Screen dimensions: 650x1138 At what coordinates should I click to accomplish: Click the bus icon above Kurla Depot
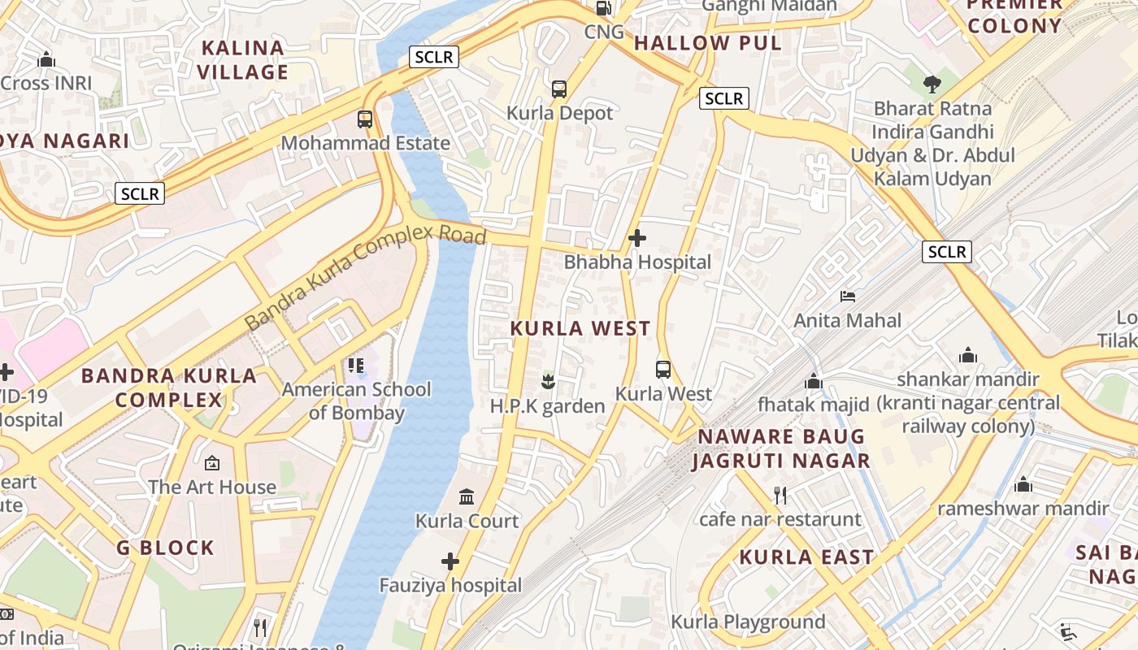[559, 89]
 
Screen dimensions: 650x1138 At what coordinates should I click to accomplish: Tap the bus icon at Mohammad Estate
[365, 119]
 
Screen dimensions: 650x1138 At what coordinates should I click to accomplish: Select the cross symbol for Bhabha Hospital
[637, 238]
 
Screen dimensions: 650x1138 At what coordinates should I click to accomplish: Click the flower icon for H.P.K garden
[549, 380]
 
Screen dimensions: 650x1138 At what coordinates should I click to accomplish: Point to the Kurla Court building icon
[467, 496]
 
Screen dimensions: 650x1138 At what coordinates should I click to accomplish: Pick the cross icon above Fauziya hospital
[450, 561]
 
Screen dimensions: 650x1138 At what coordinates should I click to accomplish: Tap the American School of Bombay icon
[356, 366]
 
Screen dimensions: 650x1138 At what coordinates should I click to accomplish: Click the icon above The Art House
[212, 463]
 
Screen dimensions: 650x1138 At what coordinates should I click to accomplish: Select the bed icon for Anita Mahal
[848, 297]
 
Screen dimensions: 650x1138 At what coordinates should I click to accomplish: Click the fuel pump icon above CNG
[604, 8]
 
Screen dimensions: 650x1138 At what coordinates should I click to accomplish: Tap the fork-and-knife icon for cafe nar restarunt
[780, 494]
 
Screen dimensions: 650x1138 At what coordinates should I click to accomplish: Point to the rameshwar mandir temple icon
[1023, 485]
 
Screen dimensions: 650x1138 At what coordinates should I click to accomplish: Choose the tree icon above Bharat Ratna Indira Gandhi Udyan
[932, 83]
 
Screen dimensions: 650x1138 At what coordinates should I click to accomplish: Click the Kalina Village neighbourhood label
[242, 60]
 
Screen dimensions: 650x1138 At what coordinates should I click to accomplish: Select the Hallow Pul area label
[707, 43]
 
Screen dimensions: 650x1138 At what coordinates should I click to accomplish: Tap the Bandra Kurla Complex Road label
[365, 278]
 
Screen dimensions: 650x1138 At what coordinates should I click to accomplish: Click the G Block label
[165, 548]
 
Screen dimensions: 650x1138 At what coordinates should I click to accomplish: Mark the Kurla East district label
[806, 557]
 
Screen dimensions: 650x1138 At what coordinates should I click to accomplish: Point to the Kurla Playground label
[748, 622]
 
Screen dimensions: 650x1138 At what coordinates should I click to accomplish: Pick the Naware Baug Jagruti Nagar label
[780, 448]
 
